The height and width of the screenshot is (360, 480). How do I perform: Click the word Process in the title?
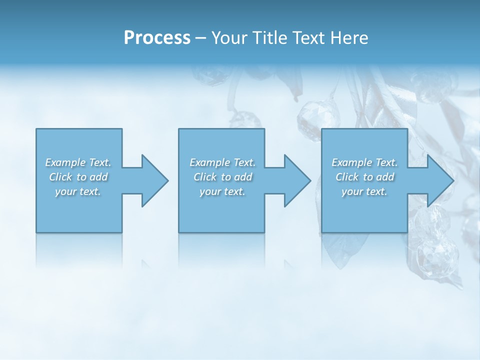tap(157, 38)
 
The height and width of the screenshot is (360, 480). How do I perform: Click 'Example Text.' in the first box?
tap(78, 162)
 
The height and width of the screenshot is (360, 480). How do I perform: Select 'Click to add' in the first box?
tap(78, 177)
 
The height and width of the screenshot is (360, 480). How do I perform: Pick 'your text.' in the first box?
tap(78, 191)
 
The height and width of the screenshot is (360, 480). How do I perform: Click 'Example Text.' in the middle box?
tap(222, 162)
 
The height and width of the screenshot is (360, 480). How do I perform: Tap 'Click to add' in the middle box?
tap(222, 177)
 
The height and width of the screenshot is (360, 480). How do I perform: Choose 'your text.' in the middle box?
tap(222, 191)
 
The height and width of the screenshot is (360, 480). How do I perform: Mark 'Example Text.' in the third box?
tap(364, 162)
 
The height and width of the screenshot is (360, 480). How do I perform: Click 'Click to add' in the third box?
tap(364, 177)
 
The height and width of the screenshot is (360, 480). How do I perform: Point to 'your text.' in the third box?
tap(364, 191)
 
